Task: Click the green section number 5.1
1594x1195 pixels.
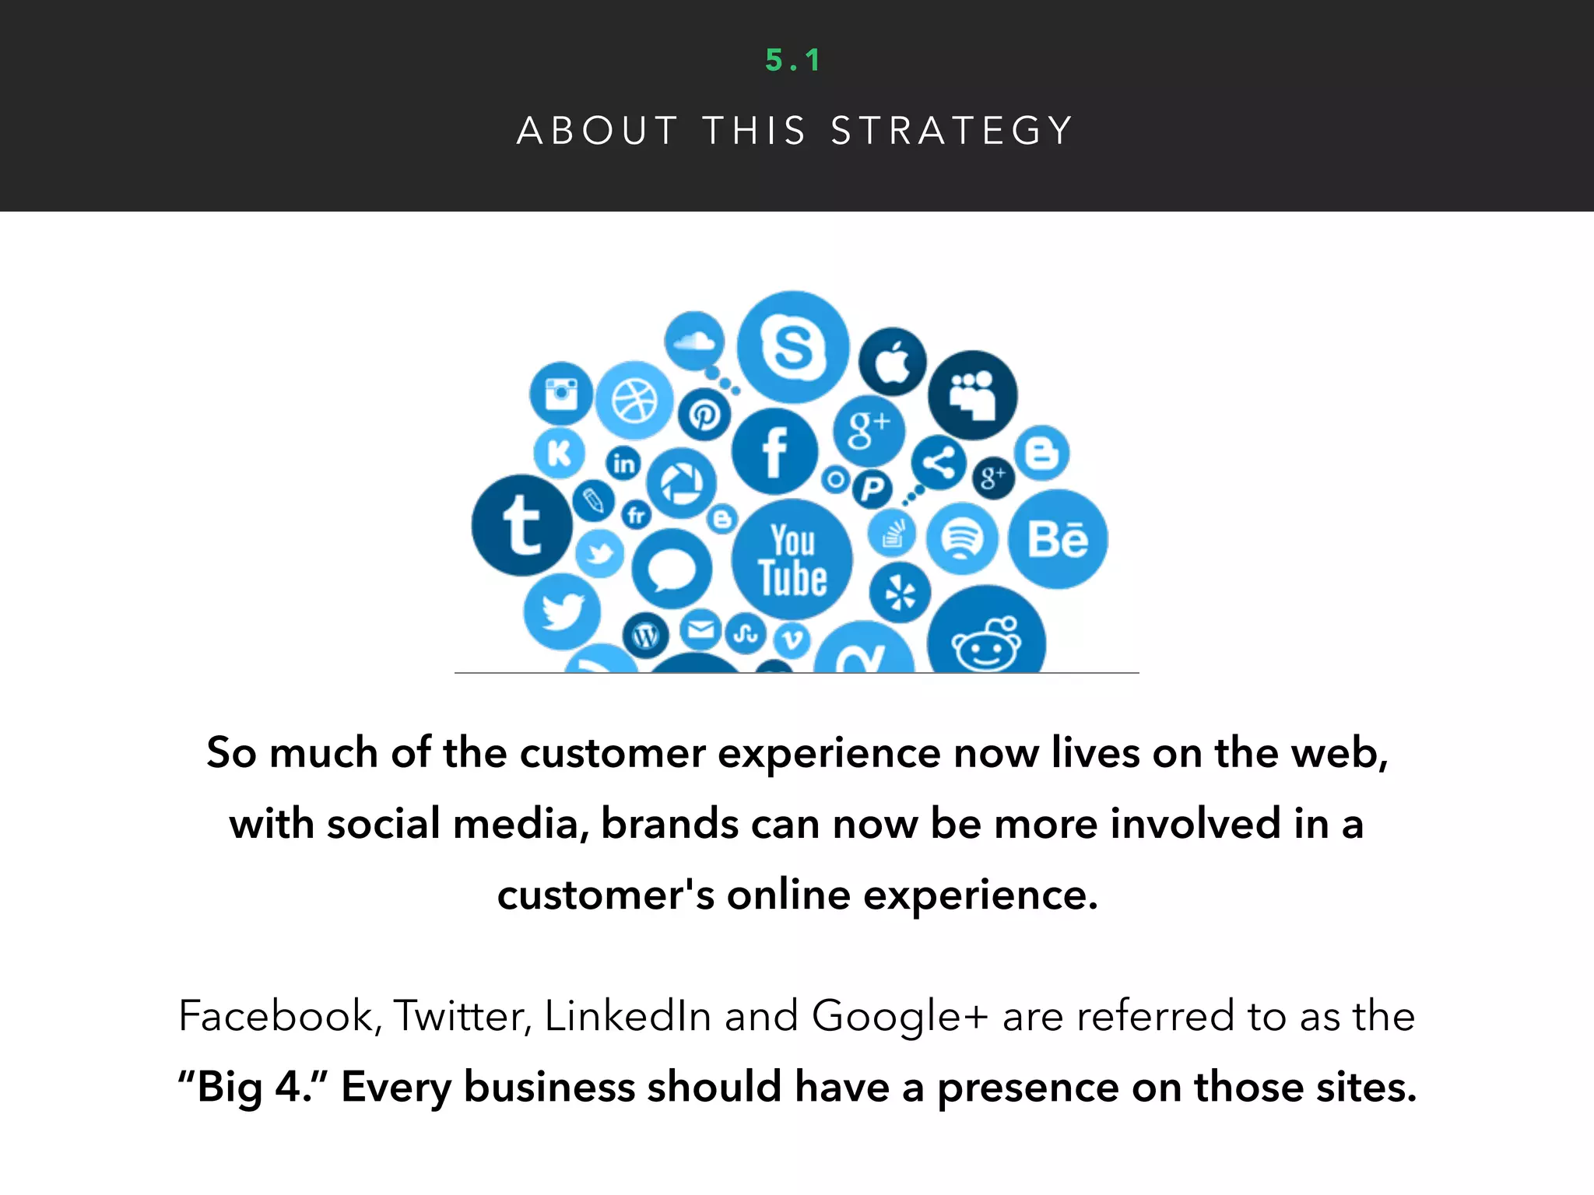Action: click(793, 61)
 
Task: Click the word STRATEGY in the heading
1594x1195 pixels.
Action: click(952, 131)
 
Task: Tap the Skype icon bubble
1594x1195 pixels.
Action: click(792, 347)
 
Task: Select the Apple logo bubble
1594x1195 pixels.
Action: click(893, 362)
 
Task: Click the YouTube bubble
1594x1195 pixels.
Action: click(792, 560)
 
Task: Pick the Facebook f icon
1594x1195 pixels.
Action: click(774, 452)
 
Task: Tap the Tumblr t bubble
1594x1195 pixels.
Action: click(521, 526)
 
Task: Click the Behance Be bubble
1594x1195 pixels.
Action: click(1058, 539)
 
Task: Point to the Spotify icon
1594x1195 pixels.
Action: click(962, 538)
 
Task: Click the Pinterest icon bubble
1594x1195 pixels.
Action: click(704, 415)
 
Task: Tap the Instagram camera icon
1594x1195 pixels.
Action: click(560, 393)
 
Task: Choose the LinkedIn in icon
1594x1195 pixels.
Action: click(623, 464)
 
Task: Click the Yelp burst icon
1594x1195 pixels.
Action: click(900, 594)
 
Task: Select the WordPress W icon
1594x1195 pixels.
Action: click(645, 636)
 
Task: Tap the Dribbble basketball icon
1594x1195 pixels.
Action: click(634, 401)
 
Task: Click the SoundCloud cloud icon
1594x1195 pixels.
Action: click(694, 341)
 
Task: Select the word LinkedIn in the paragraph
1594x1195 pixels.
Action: click(627, 1016)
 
